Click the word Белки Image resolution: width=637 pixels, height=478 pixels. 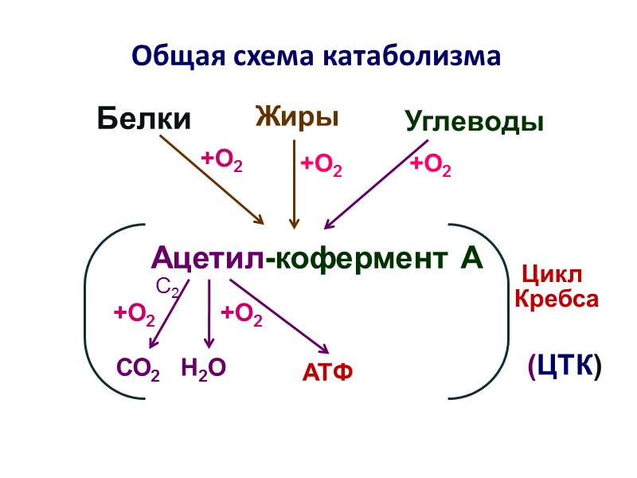[144, 119]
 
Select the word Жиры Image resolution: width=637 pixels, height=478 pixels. [297, 116]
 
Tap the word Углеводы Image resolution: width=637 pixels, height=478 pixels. [475, 122]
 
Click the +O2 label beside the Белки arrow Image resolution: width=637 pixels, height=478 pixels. [221, 159]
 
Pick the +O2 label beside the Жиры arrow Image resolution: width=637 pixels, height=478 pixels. [321, 166]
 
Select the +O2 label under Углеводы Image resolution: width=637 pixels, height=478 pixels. [431, 166]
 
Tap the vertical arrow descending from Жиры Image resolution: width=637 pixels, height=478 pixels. [295, 183]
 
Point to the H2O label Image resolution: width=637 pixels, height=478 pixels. [204, 367]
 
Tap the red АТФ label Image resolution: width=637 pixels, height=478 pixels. [327, 371]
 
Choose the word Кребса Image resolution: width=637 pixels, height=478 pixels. [556, 300]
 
